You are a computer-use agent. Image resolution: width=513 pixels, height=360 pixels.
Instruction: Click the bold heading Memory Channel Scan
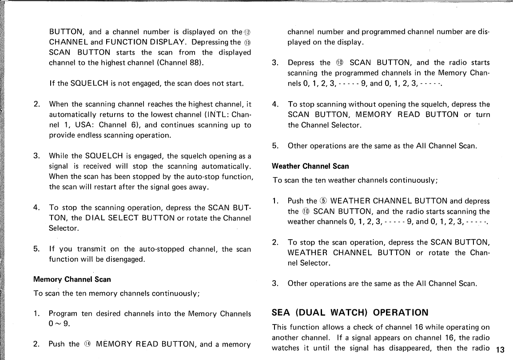(72, 280)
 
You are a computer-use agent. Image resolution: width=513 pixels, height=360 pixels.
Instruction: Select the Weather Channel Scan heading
(310, 166)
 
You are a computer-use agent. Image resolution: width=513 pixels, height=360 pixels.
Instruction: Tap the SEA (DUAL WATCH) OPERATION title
(350, 313)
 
